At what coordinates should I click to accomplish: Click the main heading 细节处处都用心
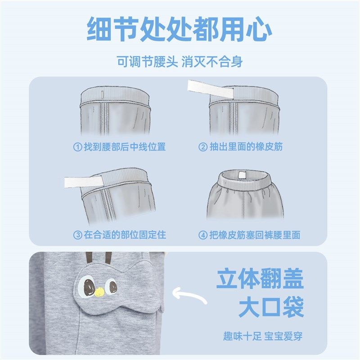(x=180, y=30)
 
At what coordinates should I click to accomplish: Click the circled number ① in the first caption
(x=77, y=147)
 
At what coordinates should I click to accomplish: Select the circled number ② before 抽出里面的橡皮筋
(x=203, y=147)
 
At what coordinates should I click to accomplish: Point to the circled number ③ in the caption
(x=77, y=235)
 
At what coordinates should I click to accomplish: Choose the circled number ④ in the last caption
(x=203, y=235)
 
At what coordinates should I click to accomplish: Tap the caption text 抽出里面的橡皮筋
(x=246, y=147)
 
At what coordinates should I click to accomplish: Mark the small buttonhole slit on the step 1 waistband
(x=103, y=95)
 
